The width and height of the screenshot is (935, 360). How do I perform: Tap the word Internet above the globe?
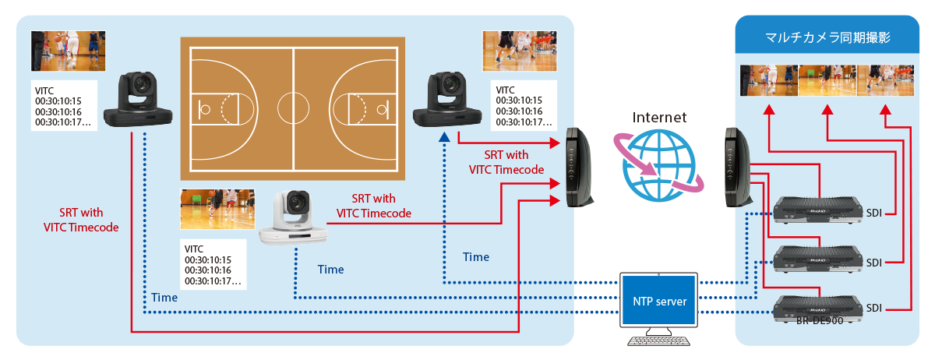point(659,118)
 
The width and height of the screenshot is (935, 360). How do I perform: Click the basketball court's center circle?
point(293,105)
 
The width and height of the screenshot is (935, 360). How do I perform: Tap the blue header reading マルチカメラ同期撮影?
point(828,37)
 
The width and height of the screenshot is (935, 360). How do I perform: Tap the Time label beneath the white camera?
point(330,270)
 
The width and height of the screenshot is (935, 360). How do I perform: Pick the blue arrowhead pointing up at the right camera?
point(443,136)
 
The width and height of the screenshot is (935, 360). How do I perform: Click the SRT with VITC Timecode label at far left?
point(81,220)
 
